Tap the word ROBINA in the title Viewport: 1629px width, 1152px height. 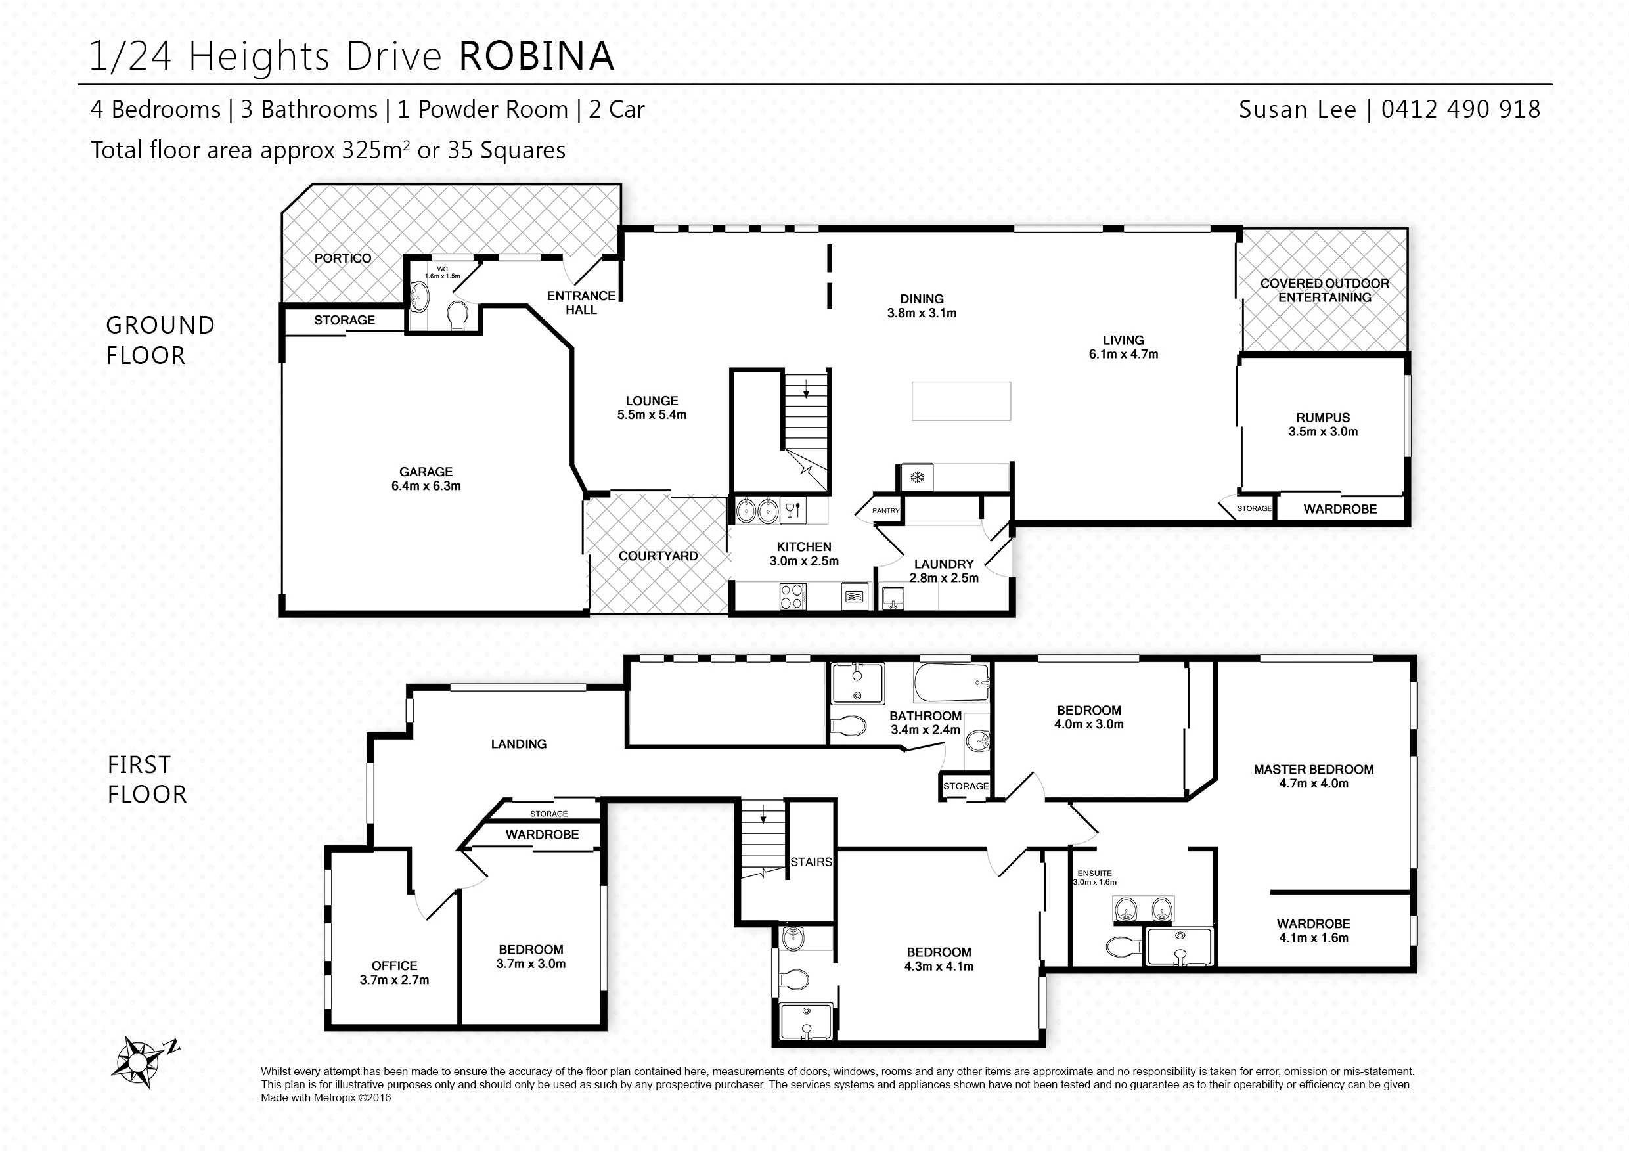(537, 56)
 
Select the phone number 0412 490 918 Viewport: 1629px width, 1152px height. (1461, 109)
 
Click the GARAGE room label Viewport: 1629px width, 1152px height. (426, 472)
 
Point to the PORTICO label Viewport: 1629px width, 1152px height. (343, 258)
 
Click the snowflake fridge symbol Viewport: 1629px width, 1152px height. (917, 477)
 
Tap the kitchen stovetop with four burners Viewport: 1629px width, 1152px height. (792, 596)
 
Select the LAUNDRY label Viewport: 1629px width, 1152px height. (944, 564)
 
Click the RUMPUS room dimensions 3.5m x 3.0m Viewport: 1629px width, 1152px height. (1323, 432)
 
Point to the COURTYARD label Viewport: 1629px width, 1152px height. (658, 556)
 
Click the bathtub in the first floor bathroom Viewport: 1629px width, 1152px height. (951, 682)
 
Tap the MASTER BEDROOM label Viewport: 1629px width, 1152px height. (1313, 770)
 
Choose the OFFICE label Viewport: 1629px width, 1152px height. (395, 965)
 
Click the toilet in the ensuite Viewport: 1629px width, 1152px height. (1125, 946)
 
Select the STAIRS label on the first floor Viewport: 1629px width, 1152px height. (811, 862)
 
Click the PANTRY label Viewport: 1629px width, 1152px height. (885, 510)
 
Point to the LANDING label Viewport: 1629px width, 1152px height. (519, 744)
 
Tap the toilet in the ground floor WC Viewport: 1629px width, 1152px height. (458, 316)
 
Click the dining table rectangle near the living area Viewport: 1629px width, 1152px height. (962, 401)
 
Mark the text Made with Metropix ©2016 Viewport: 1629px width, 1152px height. (326, 1097)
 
